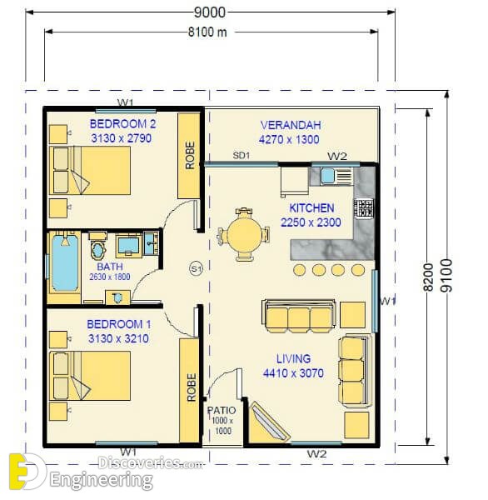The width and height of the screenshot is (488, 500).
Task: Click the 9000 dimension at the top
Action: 210,12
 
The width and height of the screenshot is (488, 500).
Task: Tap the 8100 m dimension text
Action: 207,32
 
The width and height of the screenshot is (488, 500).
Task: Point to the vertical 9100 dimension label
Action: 446,276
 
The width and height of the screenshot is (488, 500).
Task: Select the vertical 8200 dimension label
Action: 428,277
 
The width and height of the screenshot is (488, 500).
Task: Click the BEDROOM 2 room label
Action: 123,123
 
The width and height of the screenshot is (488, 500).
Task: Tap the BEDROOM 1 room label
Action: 119,324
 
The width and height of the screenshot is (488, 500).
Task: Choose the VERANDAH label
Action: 291,125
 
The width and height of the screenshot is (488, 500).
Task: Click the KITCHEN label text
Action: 311,207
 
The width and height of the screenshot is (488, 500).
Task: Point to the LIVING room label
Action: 293,358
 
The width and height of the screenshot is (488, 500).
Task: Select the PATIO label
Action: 222,410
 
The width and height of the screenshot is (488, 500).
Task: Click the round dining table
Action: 244,233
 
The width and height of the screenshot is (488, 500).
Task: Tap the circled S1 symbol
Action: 196,268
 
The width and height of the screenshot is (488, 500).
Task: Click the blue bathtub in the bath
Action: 65,262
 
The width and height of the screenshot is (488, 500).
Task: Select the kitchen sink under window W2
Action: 327,175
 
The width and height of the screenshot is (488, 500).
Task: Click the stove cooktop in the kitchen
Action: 364,208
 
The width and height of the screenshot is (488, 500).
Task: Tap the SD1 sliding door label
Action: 242,156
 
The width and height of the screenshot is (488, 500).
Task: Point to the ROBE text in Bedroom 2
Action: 190,155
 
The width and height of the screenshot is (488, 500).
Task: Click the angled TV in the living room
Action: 270,422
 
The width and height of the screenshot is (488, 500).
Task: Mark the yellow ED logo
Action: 27,472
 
